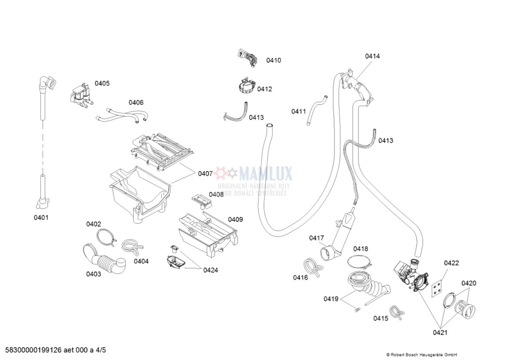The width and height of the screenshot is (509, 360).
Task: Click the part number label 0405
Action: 102,83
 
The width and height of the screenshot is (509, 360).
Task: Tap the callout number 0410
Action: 274,60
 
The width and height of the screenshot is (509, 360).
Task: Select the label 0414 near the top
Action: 372,56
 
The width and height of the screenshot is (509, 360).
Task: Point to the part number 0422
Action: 451,263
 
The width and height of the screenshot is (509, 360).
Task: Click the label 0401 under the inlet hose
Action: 41,217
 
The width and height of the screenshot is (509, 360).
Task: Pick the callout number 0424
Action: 211,270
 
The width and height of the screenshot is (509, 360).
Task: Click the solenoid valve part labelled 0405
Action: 81,94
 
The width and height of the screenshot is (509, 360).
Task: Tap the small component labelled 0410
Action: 247,58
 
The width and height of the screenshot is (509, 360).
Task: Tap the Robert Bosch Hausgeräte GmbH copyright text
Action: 422,354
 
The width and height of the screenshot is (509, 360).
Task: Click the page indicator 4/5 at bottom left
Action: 100,350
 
